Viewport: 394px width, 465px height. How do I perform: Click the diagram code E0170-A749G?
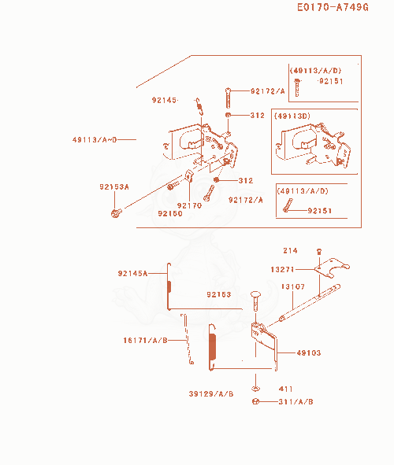tap(333, 7)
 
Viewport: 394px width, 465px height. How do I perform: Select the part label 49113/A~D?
tap(95, 139)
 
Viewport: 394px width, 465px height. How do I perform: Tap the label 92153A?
tap(114, 186)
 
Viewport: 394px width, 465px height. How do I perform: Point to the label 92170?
tap(189, 205)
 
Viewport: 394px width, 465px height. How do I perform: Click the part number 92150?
tap(170, 213)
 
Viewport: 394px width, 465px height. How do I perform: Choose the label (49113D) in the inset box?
tap(292, 116)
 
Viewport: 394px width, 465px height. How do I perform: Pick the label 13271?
tap(282, 269)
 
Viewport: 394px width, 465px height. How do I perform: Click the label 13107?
tap(293, 286)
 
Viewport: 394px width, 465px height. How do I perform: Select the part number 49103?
tap(309, 352)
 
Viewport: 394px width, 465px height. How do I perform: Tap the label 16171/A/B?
tap(146, 340)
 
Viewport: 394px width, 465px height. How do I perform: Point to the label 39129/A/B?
tap(211, 394)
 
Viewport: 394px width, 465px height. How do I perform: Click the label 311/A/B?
tap(295, 401)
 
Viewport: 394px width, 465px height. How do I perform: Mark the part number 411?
tap(285, 389)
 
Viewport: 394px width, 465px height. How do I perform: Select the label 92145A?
tap(132, 273)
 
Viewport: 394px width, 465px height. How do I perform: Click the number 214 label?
tap(291, 250)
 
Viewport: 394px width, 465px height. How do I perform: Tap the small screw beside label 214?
tap(319, 252)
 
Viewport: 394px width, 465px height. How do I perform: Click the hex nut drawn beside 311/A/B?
tap(255, 401)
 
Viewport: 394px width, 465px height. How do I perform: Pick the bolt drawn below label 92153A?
tap(116, 212)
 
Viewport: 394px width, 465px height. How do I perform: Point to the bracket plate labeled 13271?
tap(332, 268)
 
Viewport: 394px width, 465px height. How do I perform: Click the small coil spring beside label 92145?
tap(199, 106)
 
